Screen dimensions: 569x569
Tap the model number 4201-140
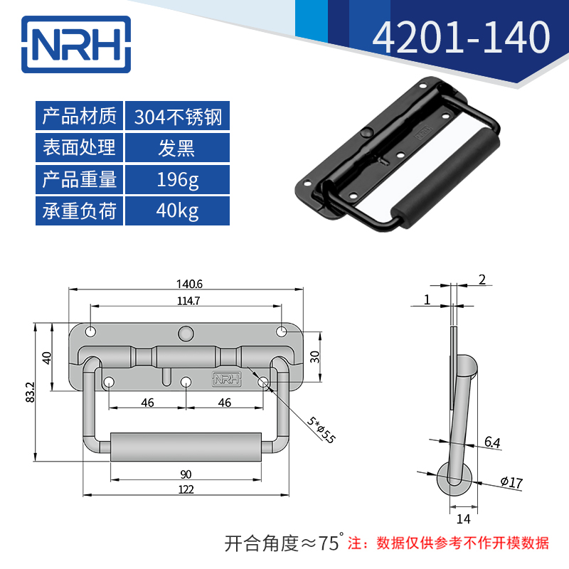(462, 38)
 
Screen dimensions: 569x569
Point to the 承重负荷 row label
(79, 211)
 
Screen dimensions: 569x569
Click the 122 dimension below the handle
(186, 489)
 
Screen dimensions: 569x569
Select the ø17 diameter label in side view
(511, 483)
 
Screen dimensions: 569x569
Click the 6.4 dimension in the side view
(492, 442)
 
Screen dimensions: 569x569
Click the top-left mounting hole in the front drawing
(91, 332)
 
